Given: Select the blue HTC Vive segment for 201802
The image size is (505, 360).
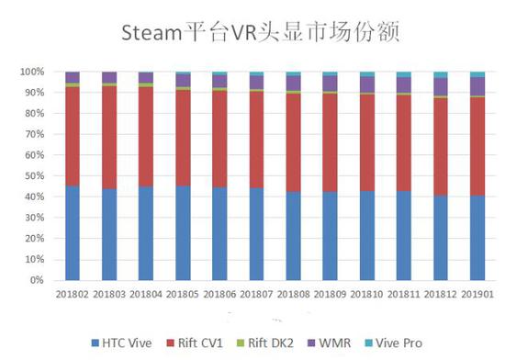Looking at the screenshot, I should tap(72, 233).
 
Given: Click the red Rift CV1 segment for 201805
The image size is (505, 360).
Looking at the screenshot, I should tap(183, 138).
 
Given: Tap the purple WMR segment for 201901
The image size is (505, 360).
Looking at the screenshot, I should tap(477, 86).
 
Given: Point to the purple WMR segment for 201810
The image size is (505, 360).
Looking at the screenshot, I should tap(367, 84).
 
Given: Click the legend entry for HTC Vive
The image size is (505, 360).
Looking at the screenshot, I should tap(125, 342).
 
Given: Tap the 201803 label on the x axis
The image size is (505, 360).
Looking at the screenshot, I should tap(109, 294).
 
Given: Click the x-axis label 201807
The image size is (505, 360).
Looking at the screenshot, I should tap(256, 294).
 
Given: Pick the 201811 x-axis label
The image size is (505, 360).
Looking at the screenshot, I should tap(404, 294).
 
